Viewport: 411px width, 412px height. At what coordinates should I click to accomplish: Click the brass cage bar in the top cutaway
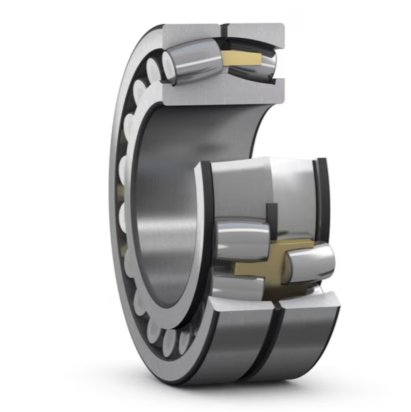242,59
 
